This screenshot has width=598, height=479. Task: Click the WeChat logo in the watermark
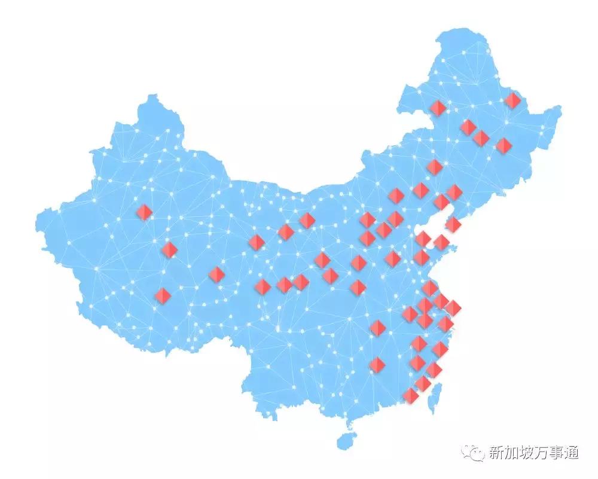point(476,453)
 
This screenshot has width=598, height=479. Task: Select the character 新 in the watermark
point(496,453)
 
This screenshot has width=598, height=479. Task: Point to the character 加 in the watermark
point(512,453)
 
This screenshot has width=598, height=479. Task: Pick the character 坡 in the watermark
point(529,453)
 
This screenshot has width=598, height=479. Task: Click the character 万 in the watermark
point(545,453)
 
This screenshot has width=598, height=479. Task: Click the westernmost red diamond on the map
point(144,212)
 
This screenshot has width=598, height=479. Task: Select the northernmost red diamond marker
point(512,100)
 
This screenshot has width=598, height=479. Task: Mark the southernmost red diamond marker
point(410,395)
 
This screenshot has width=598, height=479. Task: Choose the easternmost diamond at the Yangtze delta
point(453,307)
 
